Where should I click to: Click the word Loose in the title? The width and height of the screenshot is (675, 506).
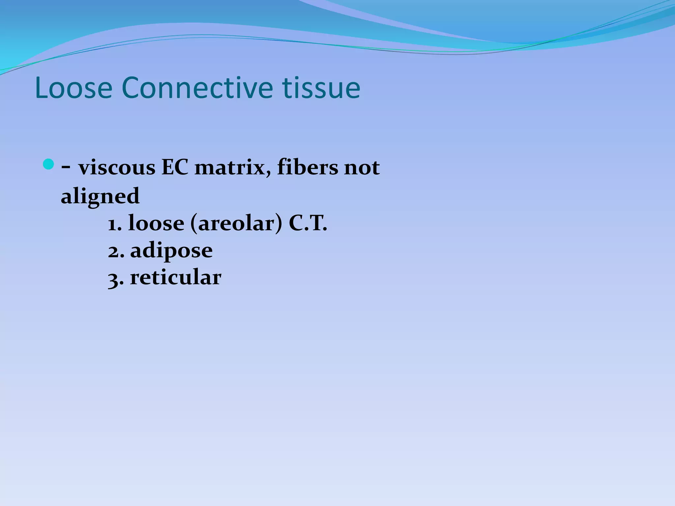pyautogui.click(x=73, y=88)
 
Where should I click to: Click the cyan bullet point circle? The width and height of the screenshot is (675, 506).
pyautogui.click(x=48, y=164)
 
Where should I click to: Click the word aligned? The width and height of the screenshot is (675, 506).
pyautogui.click(x=100, y=196)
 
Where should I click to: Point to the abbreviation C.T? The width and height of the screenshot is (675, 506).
pyautogui.click(x=308, y=224)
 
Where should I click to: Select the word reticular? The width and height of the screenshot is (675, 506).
pyautogui.click(x=176, y=277)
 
